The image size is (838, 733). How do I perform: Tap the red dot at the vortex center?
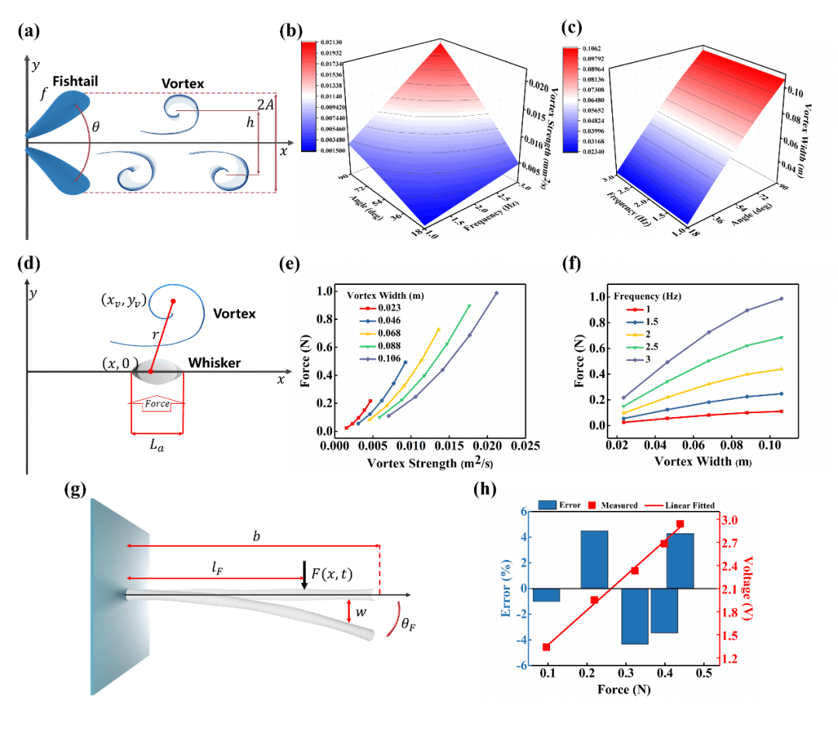(x=173, y=301)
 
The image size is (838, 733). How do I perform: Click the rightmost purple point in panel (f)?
(x=781, y=299)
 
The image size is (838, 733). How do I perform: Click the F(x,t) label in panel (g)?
(x=331, y=575)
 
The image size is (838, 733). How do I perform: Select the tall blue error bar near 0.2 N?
(x=594, y=559)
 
